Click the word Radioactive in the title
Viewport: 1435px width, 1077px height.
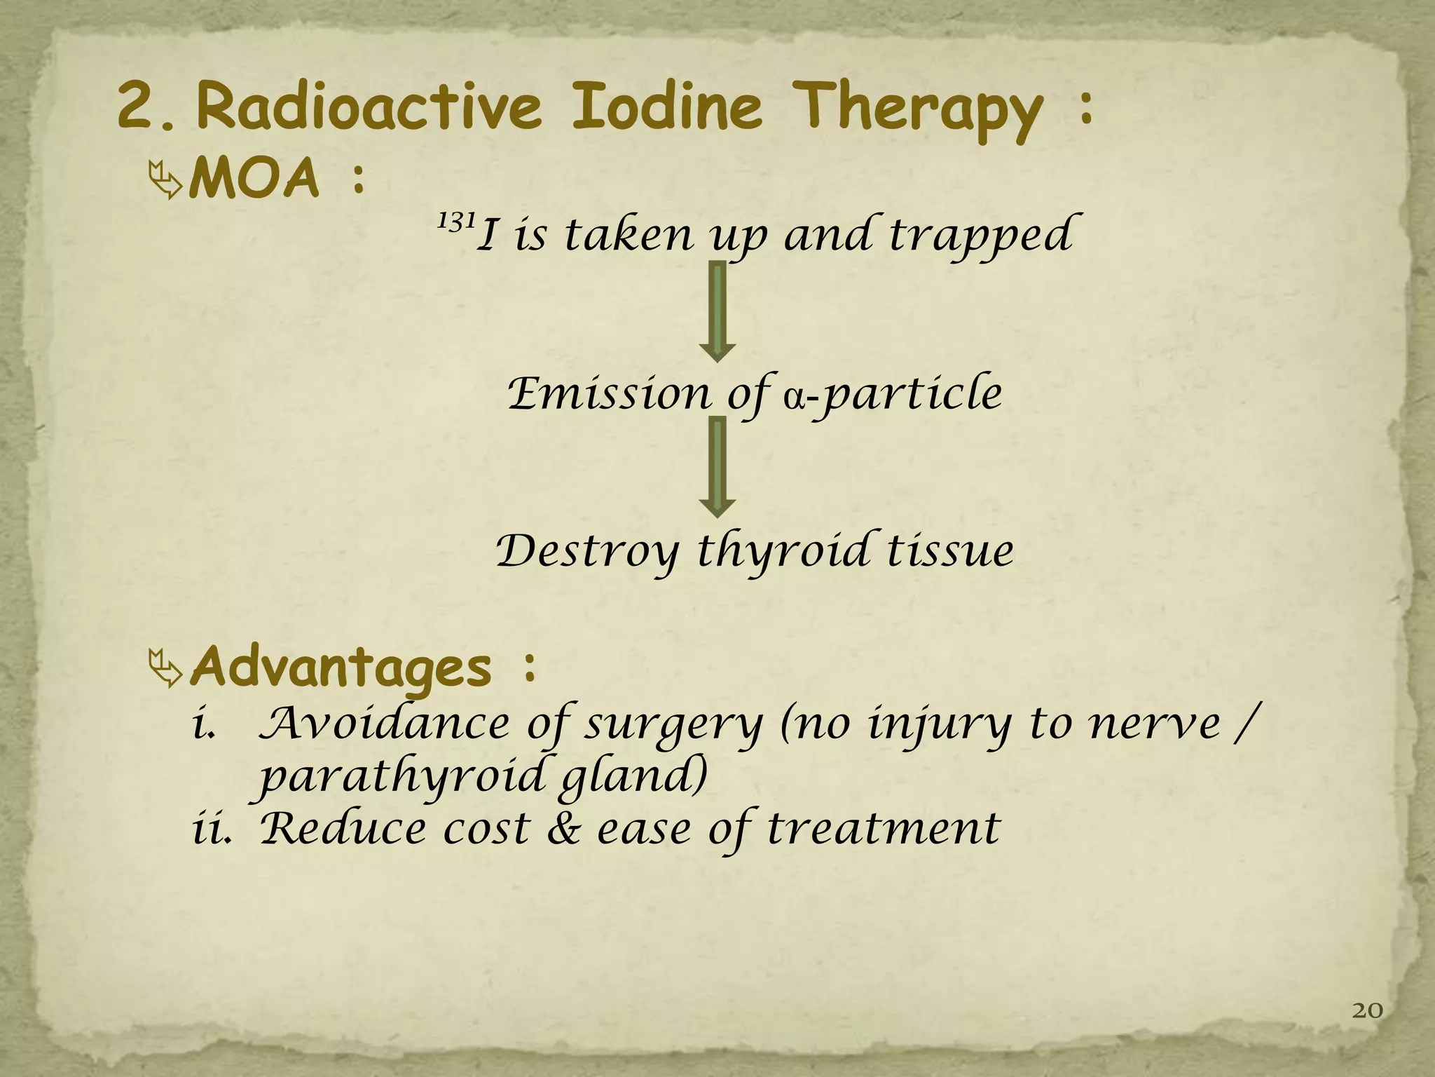[369, 107]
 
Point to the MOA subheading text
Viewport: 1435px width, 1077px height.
[255, 179]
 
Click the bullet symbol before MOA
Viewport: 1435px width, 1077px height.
[166, 180]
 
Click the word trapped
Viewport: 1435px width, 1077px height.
[981, 236]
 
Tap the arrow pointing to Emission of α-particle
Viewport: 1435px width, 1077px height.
[717, 311]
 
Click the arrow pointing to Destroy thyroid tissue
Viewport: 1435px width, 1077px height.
[717, 467]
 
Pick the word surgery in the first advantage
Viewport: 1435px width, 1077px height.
[673, 725]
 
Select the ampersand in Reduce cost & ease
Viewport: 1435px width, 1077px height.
[564, 829]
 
